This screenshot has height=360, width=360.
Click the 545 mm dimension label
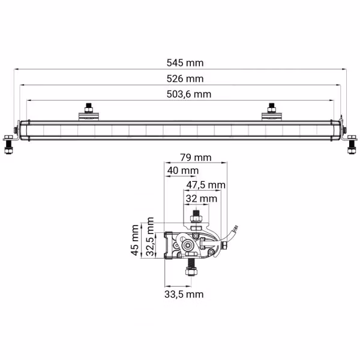(186, 63)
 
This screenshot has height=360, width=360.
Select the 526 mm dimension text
(186, 79)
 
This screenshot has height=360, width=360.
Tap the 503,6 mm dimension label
(186, 94)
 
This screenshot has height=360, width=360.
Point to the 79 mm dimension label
(196, 158)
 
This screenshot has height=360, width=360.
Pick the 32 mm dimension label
(201, 198)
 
